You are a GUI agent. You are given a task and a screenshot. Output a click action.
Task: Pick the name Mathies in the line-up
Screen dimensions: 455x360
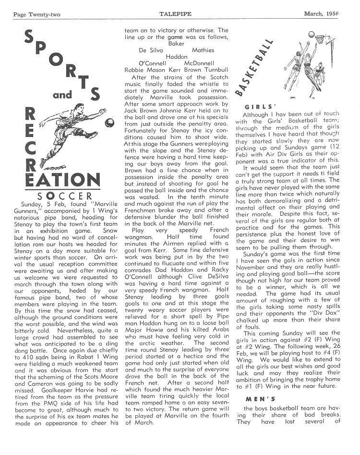(203, 50)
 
